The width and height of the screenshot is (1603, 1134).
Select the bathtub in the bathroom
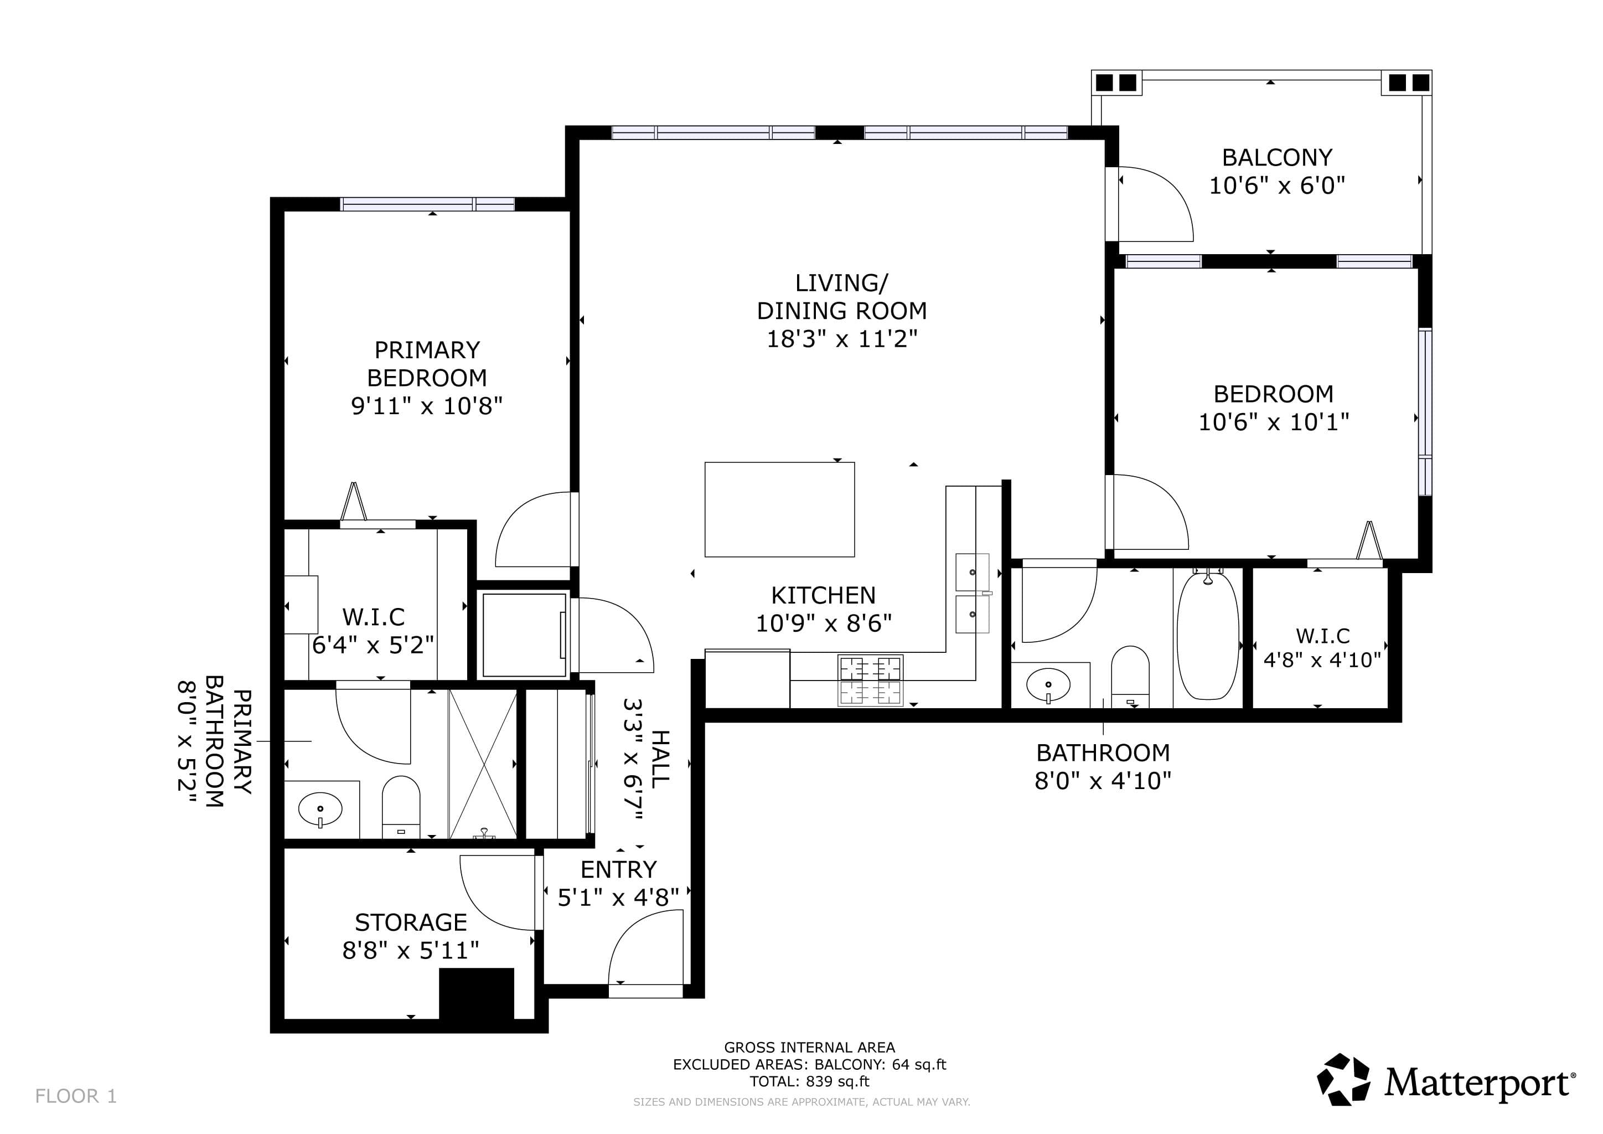[1208, 636]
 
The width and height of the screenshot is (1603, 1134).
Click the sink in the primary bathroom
[320, 810]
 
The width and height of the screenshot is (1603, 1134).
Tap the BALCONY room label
[1277, 157]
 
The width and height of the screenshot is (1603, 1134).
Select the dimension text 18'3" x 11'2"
[842, 339]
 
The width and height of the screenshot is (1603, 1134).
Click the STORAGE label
[411, 922]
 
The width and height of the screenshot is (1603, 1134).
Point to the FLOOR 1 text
[76, 1096]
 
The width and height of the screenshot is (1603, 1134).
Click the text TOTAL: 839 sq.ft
[810, 1081]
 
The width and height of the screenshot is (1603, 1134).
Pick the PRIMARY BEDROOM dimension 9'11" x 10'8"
[427, 406]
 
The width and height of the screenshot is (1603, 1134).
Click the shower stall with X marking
[483, 764]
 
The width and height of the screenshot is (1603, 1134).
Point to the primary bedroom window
[428, 204]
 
